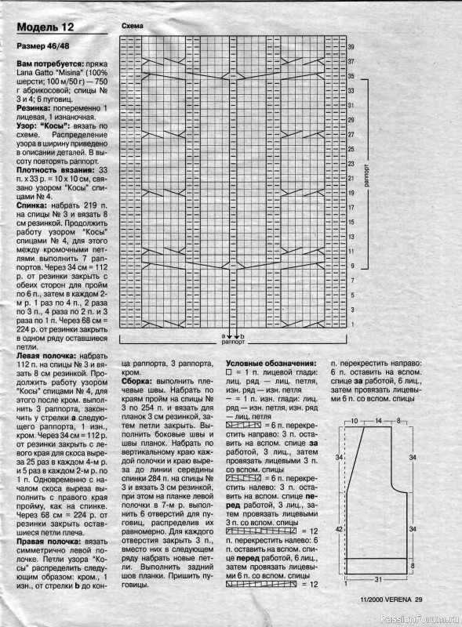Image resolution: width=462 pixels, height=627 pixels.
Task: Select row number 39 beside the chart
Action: click(x=351, y=47)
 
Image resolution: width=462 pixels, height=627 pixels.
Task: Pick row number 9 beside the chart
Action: click(x=351, y=266)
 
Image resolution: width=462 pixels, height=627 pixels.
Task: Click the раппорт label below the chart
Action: click(x=232, y=343)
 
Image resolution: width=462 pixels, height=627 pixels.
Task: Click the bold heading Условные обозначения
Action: click(x=271, y=364)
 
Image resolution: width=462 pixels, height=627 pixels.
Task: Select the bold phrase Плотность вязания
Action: click(x=51, y=170)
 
